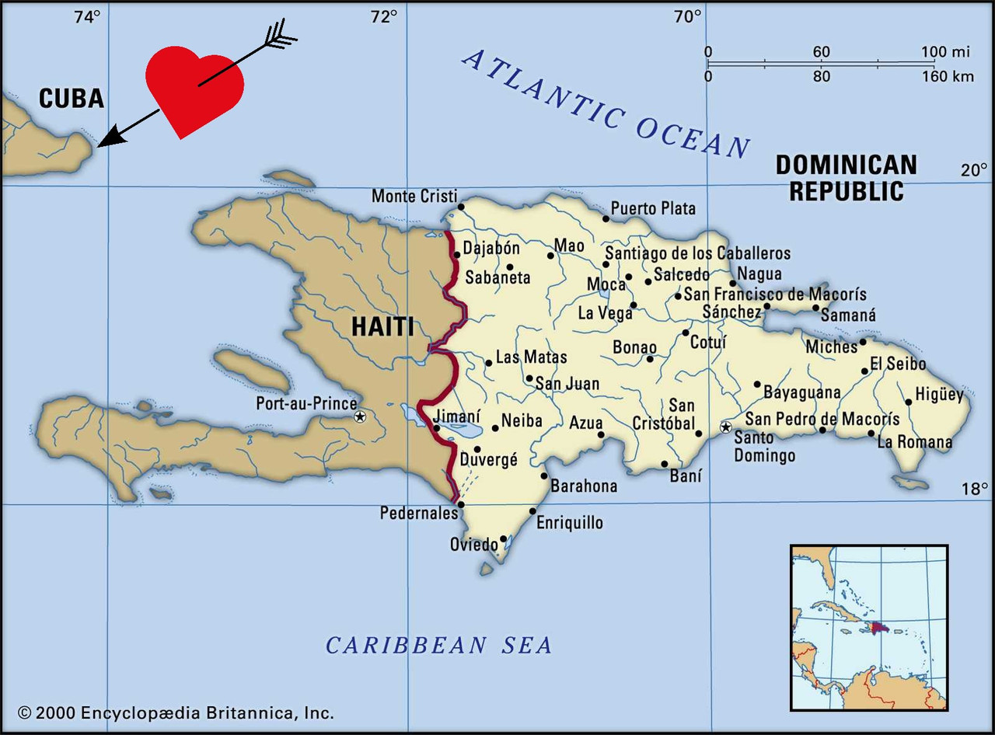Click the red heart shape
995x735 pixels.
tap(194, 89)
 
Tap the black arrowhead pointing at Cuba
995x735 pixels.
tap(113, 135)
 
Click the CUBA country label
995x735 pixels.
tap(71, 98)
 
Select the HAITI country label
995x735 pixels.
tap(382, 326)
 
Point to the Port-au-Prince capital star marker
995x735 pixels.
tap(360, 417)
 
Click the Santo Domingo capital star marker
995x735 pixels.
tap(726, 427)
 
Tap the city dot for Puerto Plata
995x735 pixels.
tap(606, 218)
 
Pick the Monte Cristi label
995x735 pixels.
tap(414, 196)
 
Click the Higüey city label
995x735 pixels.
tap(939, 395)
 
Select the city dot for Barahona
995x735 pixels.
tap(544, 476)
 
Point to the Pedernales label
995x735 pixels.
tap(418, 514)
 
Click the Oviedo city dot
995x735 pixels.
tap(504, 538)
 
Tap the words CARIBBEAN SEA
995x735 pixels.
tap(438, 645)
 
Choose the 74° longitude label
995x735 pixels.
tap(86, 16)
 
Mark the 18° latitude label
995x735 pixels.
tap(973, 489)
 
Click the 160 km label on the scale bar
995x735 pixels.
tap(948, 76)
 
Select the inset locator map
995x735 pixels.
tap(869, 627)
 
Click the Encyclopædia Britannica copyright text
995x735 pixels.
tap(176, 712)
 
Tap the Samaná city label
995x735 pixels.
tap(848, 315)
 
